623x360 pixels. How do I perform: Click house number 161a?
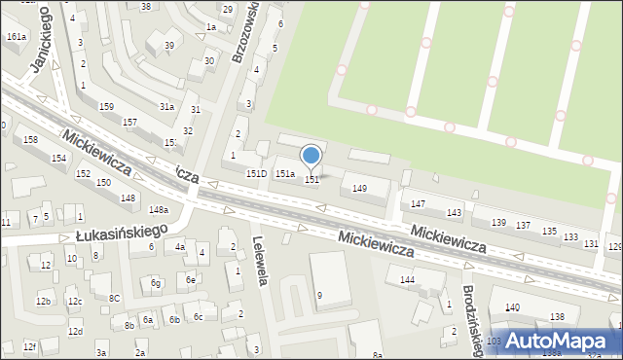[x=16, y=36]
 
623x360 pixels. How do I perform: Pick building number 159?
[x=105, y=106]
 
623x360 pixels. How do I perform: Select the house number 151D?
[x=256, y=173]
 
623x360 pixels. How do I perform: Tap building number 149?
[x=360, y=188]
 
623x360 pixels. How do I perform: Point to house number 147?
[x=418, y=203]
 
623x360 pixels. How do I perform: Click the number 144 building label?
[x=408, y=279]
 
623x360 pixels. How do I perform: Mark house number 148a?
[x=159, y=209]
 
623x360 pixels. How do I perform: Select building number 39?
[x=168, y=46]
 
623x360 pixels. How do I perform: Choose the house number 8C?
[x=114, y=298]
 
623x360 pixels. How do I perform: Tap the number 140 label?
[x=512, y=307]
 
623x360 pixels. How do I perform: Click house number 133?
[x=570, y=236]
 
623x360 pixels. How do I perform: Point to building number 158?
[x=30, y=140]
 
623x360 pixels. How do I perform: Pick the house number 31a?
[x=167, y=106]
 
